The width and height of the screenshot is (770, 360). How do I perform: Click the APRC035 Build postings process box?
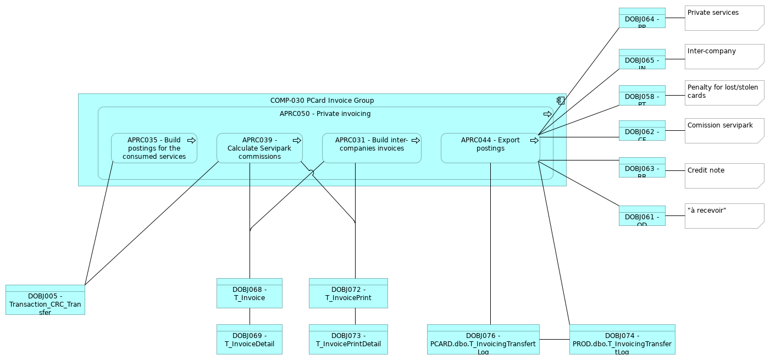point(154,148)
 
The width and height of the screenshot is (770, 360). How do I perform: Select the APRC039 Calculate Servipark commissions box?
point(259,148)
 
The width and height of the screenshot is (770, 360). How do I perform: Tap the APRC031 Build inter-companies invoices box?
point(372,148)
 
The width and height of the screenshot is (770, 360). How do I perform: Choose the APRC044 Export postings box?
point(490,148)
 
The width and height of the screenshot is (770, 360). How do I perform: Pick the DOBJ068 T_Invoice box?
point(250,293)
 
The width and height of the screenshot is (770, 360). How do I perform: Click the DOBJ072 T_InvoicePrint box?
point(348,293)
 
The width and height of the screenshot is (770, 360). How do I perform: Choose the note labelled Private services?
point(724,18)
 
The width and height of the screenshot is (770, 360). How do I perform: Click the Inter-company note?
point(724,57)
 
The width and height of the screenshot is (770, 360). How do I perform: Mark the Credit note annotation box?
point(724,176)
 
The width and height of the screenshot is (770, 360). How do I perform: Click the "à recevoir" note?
point(724,216)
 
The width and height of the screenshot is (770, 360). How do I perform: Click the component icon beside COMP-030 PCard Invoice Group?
point(560,101)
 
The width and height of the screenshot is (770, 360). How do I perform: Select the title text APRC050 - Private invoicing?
point(325,114)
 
